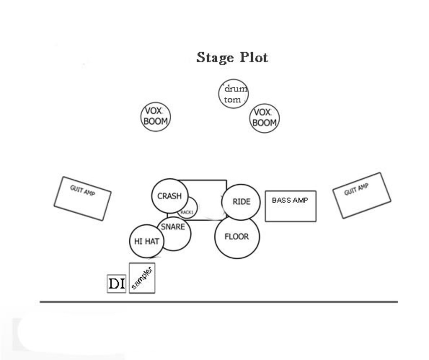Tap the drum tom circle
[233, 94]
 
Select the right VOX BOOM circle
[265, 118]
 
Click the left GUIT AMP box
[82, 199]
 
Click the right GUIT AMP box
[361, 195]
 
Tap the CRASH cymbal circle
[169, 196]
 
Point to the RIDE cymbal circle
[241, 201]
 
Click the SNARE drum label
[173, 227]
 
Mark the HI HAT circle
[147, 242]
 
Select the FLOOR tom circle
[237, 237]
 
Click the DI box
[117, 284]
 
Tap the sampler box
[142, 278]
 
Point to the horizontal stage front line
[218, 302]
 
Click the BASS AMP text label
[290, 200]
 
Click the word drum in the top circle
[235, 89]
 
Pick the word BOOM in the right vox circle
[265, 123]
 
